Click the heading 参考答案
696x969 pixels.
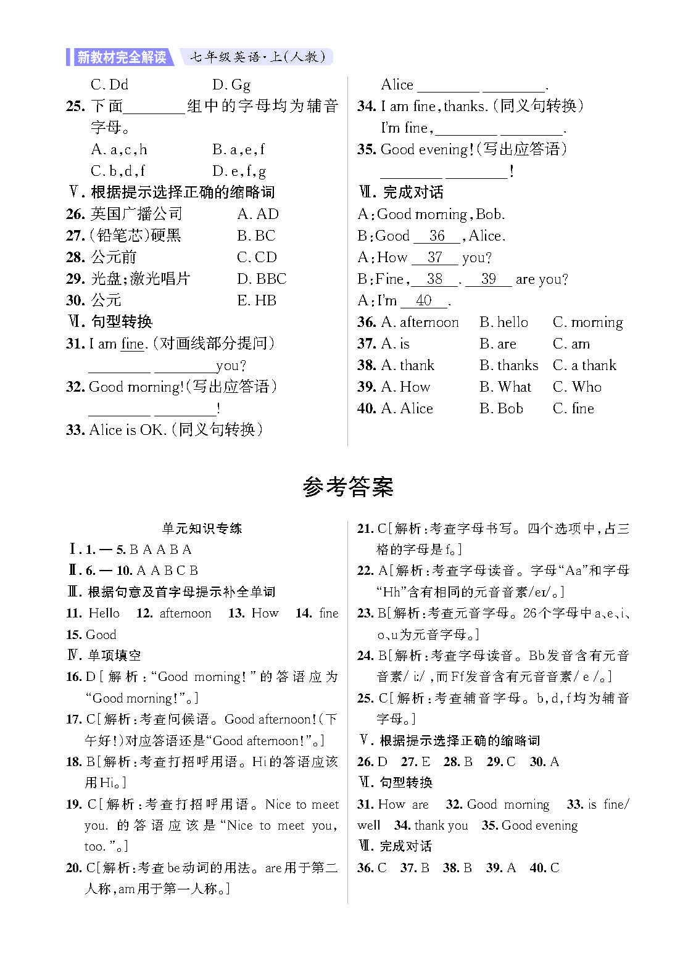(x=347, y=487)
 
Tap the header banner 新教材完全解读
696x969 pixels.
(x=121, y=57)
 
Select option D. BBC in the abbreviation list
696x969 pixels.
(x=262, y=279)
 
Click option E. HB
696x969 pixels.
(x=257, y=300)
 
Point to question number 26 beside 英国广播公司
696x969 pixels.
(x=75, y=214)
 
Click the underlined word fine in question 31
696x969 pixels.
(x=132, y=344)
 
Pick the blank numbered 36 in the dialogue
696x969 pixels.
(x=437, y=236)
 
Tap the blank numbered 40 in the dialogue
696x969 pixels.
(x=424, y=300)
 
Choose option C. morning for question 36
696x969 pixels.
(x=588, y=322)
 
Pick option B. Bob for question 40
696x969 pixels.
(x=501, y=408)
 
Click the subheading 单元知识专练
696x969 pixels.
(x=202, y=528)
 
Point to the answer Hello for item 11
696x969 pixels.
(x=104, y=613)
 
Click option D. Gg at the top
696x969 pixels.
(x=231, y=85)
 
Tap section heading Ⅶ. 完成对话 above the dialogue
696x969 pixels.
(x=401, y=192)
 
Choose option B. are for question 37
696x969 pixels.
(x=498, y=344)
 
